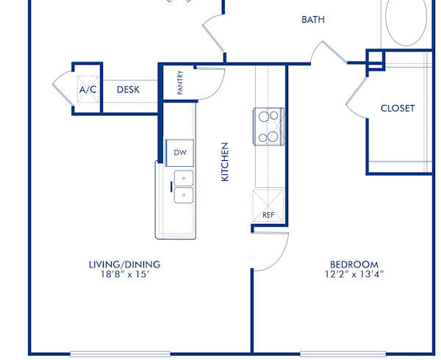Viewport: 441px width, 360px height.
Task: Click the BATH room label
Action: pos(313,20)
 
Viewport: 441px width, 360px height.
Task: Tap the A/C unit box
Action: pos(88,89)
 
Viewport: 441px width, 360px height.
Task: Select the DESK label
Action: pos(129,90)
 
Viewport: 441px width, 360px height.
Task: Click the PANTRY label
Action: pos(180,82)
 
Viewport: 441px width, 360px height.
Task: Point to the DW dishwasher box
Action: pos(180,152)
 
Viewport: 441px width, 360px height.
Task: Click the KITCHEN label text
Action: pos(226,162)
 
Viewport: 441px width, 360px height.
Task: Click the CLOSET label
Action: pos(398,108)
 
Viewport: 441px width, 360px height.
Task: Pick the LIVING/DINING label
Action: pos(124,264)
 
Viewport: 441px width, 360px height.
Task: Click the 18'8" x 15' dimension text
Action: pos(124,275)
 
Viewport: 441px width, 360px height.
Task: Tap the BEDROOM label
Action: pos(354,264)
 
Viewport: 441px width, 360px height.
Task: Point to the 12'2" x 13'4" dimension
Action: pos(354,275)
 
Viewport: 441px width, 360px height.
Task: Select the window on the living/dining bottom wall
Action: pos(120,353)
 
